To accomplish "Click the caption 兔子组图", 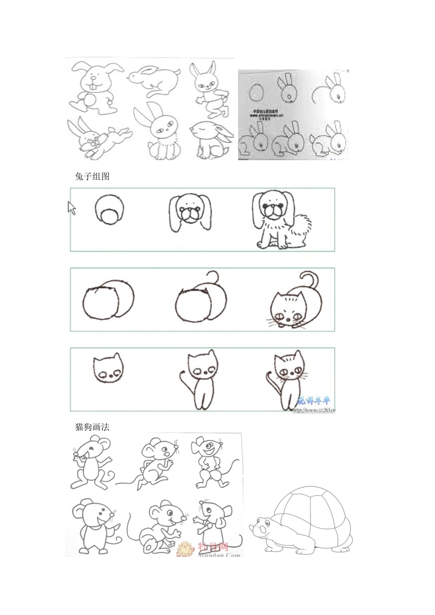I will click(x=92, y=176).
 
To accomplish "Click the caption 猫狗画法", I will click(x=92, y=427).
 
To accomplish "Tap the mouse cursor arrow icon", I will click(x=71, y=208).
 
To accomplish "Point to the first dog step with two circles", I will click(x=109, y=210).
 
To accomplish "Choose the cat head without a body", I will click(x=109, y=369).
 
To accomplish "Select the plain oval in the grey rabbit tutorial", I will click(x=256, y=93).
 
